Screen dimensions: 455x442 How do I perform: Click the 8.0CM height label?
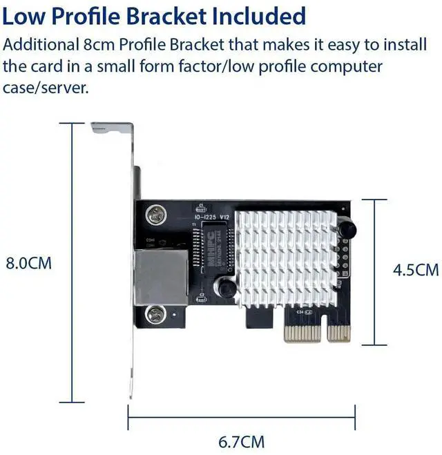pyautogui.click(x=29, y=264)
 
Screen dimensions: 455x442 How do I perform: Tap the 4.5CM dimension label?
pyautogui.click(x=416, y=270)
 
